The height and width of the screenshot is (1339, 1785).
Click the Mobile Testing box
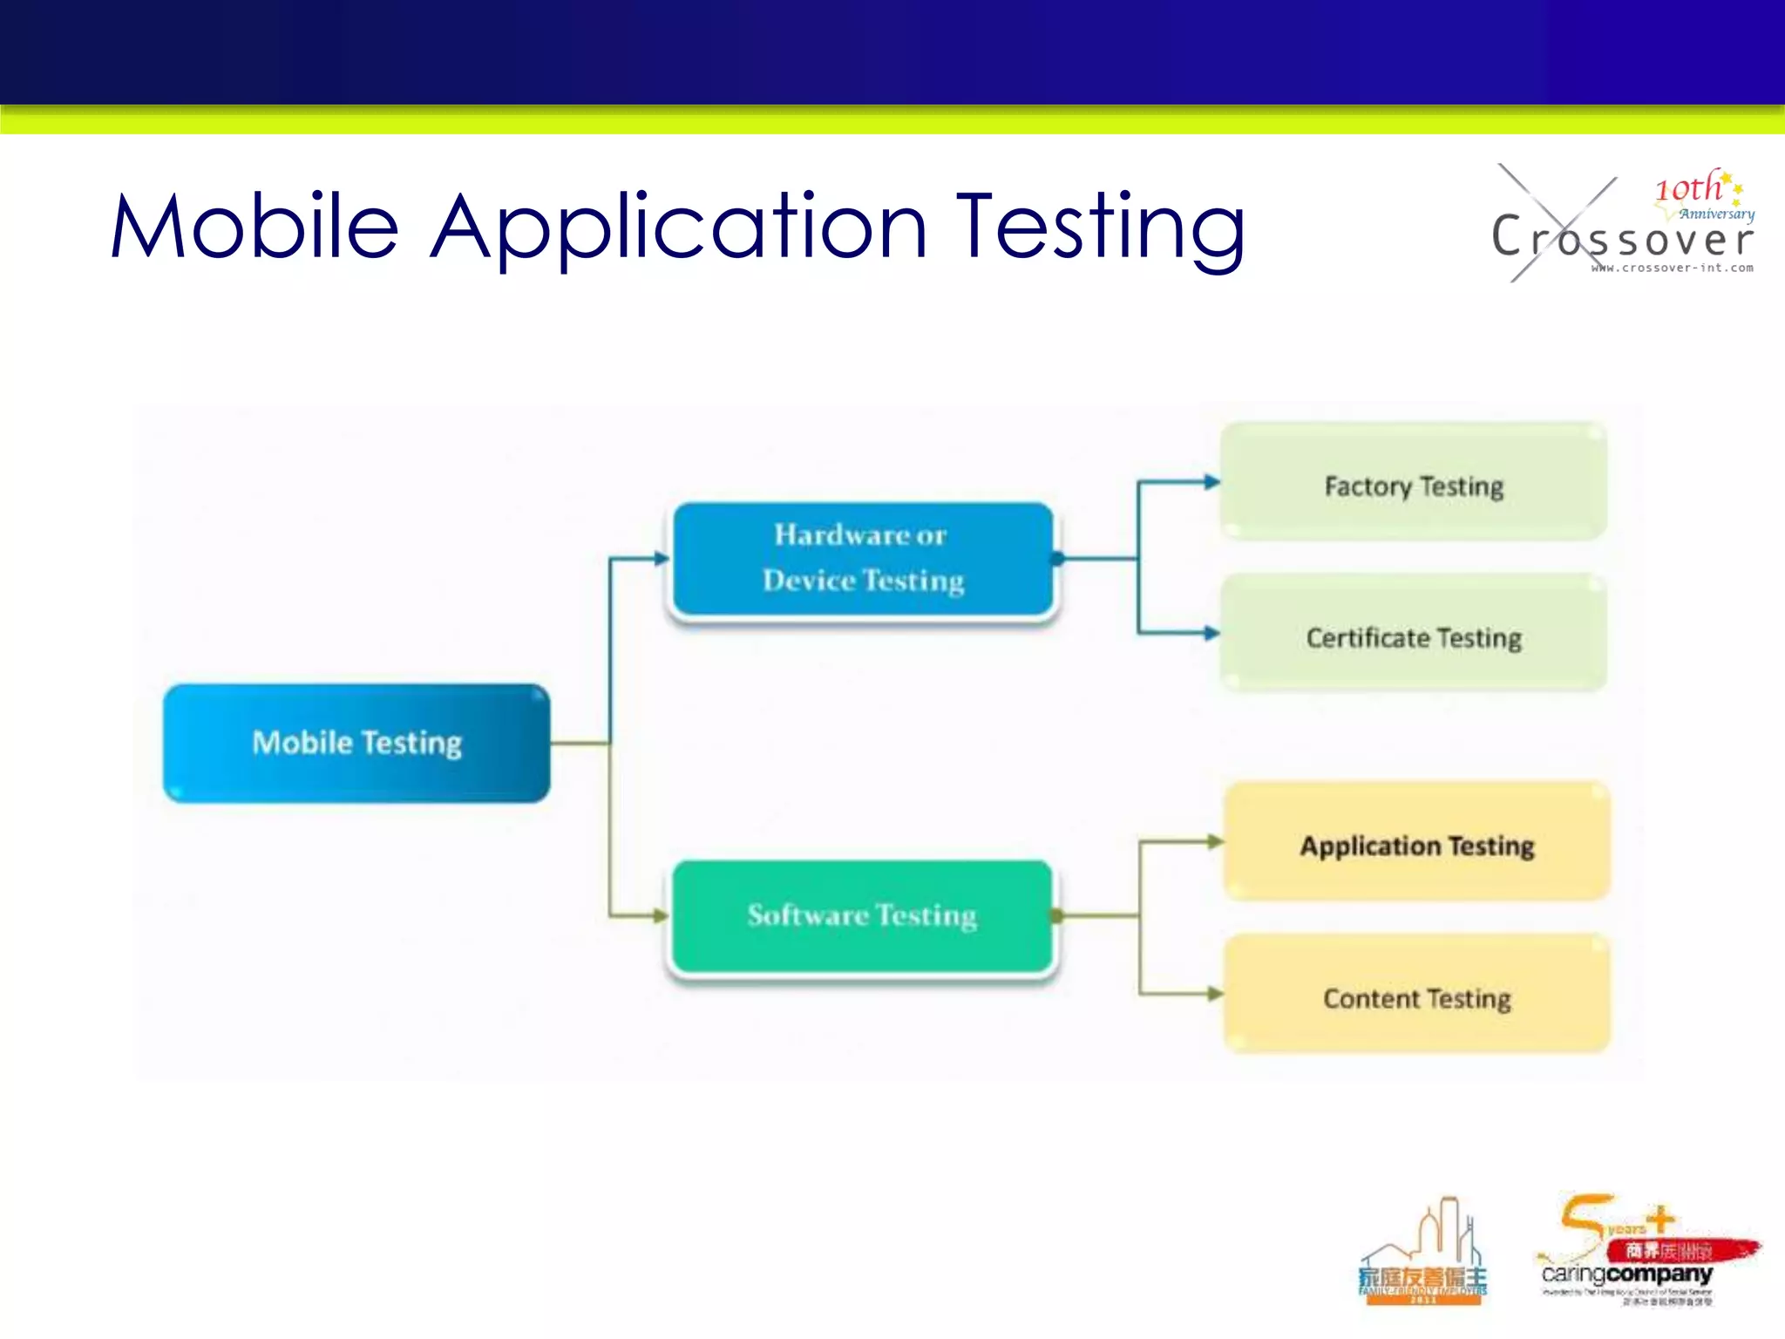[356, 743]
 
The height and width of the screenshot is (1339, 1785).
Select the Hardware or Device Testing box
[863, 559]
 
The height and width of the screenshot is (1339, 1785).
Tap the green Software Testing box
[863, 915]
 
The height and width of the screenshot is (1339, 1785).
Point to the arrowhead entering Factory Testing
[1211, 482]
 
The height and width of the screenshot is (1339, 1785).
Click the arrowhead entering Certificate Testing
[1211, 633]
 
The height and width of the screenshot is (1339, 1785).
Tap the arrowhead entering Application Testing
[1215, 841]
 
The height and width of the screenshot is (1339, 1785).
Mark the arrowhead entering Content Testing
[1215, 993]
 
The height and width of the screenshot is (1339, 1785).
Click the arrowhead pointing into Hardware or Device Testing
[662, 558]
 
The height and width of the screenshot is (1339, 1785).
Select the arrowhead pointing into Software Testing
[662, 915]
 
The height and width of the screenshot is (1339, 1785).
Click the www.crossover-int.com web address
[1672, 268]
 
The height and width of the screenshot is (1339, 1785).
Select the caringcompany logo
[1639, 1255]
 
